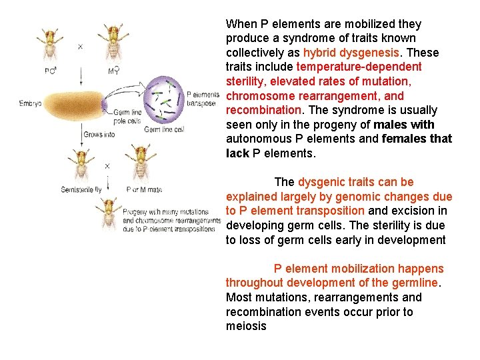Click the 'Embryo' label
tap(31, 103)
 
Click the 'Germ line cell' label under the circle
tap(164, 129)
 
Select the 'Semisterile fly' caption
tap(82, 189)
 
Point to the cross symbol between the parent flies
tap(81, 47)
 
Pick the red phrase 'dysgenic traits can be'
tap(356, 182)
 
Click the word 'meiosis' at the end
tap(246, 327)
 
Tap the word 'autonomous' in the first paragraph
tap(257, 139)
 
